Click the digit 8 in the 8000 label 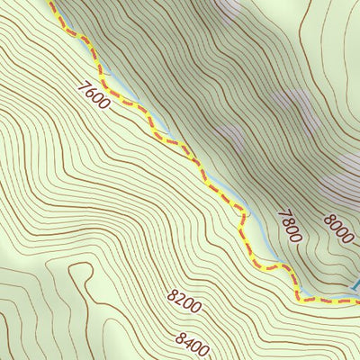point(329,216)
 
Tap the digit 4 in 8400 point(189,340)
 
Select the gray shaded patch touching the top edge point(227,7)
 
